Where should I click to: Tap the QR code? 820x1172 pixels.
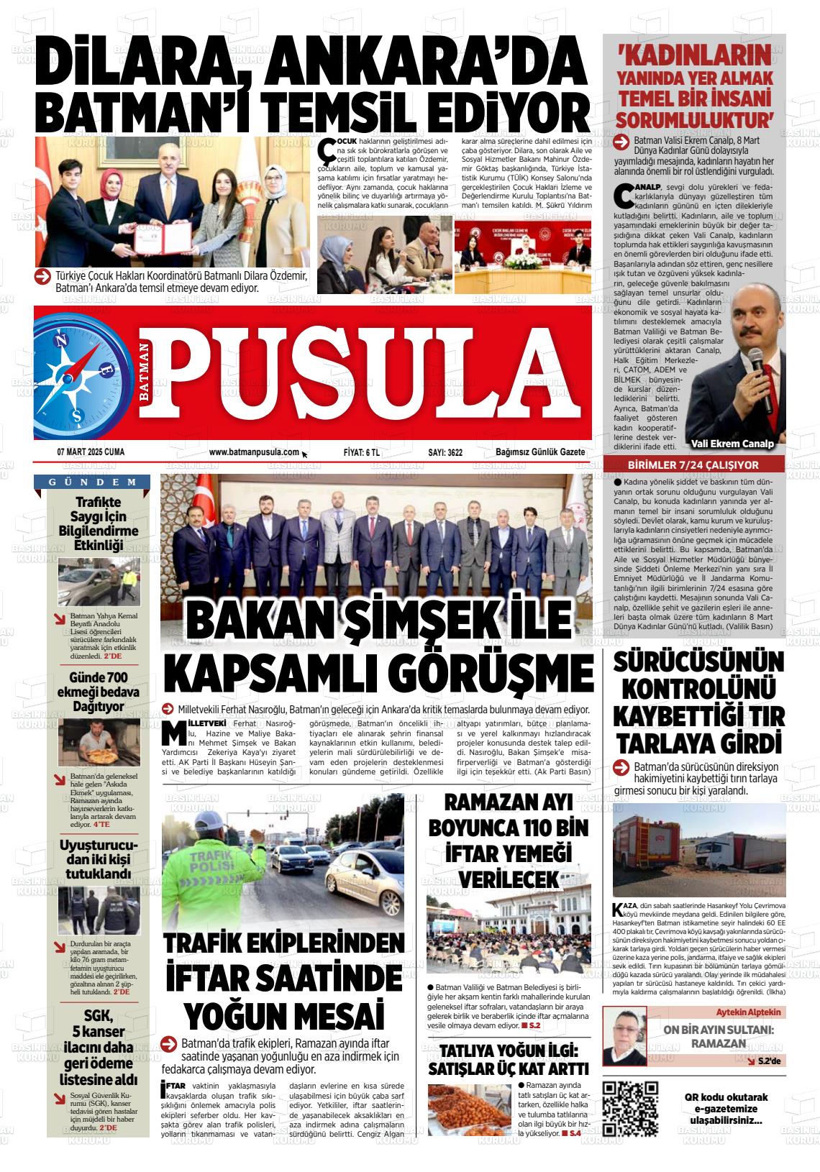pos(630,1108)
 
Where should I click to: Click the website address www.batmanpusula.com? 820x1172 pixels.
pos(254,452)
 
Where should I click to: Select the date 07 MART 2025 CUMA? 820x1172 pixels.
pos(91,452)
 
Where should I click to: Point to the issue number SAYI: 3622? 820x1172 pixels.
pos(445,453)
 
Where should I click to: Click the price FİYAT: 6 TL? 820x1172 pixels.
pos(362,453)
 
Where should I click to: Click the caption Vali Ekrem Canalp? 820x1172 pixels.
pos(731,444)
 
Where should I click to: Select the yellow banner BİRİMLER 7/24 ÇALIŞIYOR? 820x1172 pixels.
pos(693,465)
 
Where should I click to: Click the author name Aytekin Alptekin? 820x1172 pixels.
pos(748,1012)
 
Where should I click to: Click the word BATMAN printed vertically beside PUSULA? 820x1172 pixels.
pos(145,372)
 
